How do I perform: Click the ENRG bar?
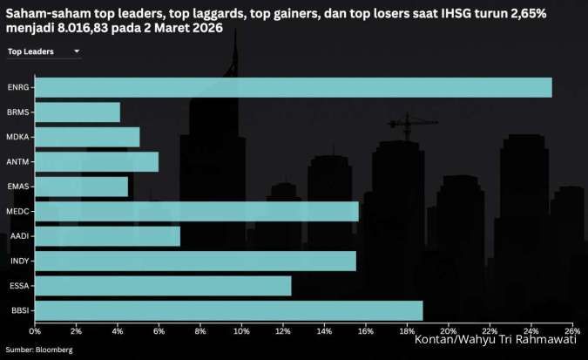pos(293,87)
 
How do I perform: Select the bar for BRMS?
pos(77,112)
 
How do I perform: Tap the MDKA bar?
pos(86,137)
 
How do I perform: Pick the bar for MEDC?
pos(196,211)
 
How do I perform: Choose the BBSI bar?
pos(228,310)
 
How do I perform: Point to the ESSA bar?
pos(163,285)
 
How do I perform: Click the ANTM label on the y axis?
pos(17,162)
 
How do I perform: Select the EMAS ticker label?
pos(17,187)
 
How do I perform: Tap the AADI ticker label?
pos(18,236)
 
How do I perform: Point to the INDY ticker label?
pos(18,261)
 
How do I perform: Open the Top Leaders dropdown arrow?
pos(77,52)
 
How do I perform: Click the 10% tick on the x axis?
pos(241,331)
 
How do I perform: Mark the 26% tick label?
pos(571,331)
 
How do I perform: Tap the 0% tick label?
pos(35,331)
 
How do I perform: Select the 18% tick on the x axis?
pos(407,331)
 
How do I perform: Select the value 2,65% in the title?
pos(550,10)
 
